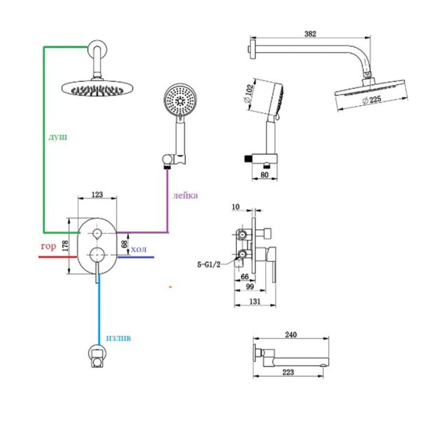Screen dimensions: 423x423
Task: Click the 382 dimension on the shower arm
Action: pyautogui.click(x=310, y=34)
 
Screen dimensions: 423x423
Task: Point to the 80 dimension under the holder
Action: pyautogui.click(x=264, y=175)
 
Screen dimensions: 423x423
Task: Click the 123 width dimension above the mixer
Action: pyautogui.click(x=97, y=194)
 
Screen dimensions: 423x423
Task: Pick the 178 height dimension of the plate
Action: pyautogui.click(x=65, y=246)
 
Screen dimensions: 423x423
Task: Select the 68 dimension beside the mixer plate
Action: pyautogui.click(x=125, y=244)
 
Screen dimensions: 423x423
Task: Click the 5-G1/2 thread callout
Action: pyautogui.click(x=209, y=265)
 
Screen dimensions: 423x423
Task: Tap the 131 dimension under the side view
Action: pyautogui.click(x=255, y=301)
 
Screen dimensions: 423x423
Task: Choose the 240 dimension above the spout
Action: pyautogui.click(x=291, y=335)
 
